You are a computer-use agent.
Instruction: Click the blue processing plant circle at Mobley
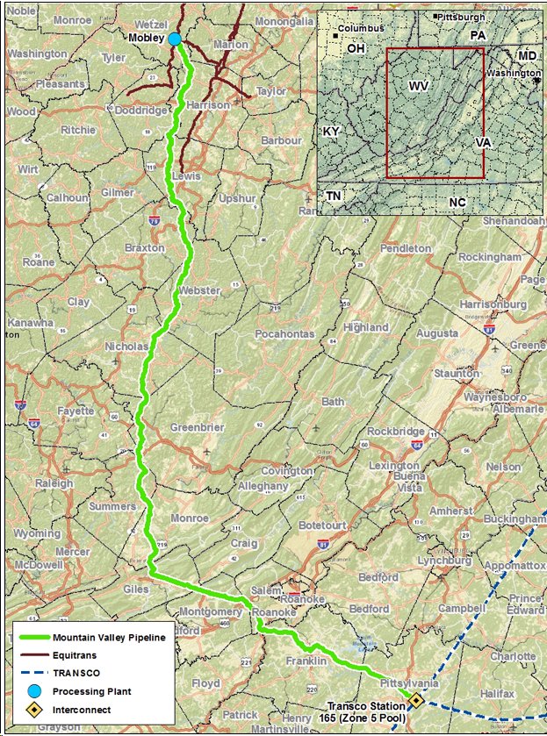pyautogui.click(x=175, y=39)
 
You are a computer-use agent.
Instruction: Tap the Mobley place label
pyautogui.click(x=147, y=39)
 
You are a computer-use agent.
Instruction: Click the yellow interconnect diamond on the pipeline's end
pyautogui.click(x=416, y=699)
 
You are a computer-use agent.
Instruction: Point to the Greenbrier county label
pyautogui.click(x=197, y=427)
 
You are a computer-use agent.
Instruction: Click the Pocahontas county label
pyautogui.click(x=284, y=334)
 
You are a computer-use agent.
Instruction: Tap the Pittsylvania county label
pyautogui.click(x=411, y=682)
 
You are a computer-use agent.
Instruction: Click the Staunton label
pyautogui.click(x=457, y=373)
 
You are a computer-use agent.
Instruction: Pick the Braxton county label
pyautogui.click(x=144, y=248)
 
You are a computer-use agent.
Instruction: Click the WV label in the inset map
pyautogui.click(x=417, y=86)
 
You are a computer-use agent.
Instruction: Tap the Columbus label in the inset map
pyautogui.click(x=362, y=28)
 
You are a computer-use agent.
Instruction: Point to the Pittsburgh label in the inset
pyautogui.click(x=462, y=17)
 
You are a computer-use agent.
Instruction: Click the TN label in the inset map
pyautogui.click(x=334, y=196)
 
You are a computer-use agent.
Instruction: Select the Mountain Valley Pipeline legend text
pyautogui.click(x=109, y=637)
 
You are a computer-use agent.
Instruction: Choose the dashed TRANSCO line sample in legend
pyautogui.click(x=32, y=672)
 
